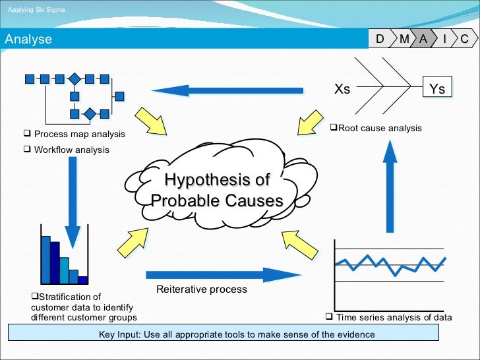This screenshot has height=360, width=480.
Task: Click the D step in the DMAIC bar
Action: [380, 40]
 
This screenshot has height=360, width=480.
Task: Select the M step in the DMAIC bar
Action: [404, 40]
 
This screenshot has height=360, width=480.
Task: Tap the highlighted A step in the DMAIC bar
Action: [423, 40]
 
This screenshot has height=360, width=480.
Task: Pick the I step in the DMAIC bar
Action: [444, 40]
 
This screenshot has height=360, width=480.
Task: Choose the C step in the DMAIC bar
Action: [464, 40]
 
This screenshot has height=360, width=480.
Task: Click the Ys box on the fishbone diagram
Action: [436, 89]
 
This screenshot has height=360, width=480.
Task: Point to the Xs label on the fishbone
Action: [342, 89]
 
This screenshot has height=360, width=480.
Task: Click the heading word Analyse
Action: [28, 40]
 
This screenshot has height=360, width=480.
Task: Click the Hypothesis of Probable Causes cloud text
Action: [217, 190]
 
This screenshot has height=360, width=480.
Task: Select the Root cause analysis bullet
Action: [376, 128]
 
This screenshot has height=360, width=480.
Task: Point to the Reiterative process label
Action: [201, 289]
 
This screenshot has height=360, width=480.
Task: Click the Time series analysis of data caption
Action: [393, 317]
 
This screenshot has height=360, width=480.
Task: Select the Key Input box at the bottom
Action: [237, 334]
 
